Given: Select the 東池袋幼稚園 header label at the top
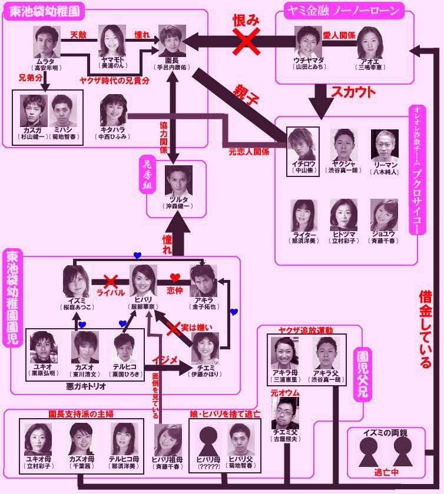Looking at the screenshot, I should (44, 11).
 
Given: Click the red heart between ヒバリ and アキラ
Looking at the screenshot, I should (174, 276).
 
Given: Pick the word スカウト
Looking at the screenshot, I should (353, 92).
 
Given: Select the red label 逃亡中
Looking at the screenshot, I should (386, 472).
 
